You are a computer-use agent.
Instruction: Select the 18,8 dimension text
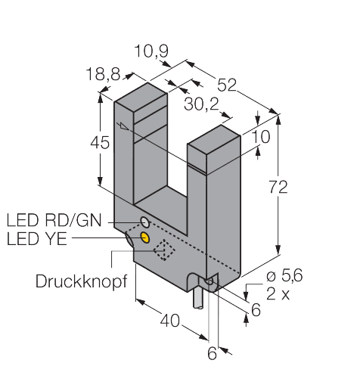point(104,75)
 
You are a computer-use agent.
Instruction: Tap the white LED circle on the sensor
point(144,223)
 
